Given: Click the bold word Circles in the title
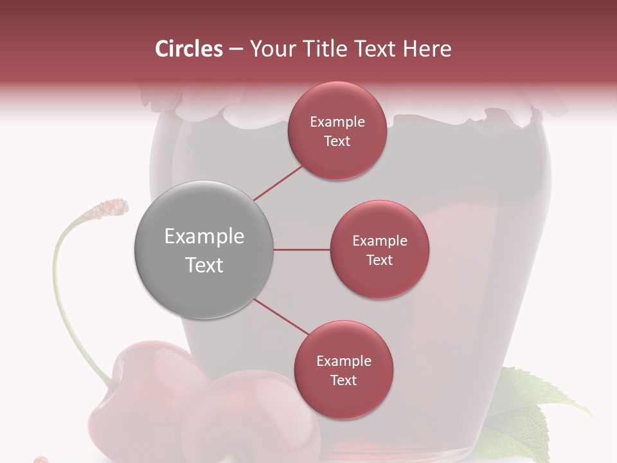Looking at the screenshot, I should (x=188, y=49).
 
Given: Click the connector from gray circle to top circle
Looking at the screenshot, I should (x=279, y=183).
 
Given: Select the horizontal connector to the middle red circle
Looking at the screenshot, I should (x=302, y=250).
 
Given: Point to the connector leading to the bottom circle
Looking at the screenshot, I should (x=280, y=316).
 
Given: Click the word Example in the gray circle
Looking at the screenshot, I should (x=204, y=237).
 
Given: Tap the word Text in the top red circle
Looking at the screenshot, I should (x=337, y=141).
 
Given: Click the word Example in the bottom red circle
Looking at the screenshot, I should (x=343, y=361).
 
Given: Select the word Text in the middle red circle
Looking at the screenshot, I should (x=379, y=260).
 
